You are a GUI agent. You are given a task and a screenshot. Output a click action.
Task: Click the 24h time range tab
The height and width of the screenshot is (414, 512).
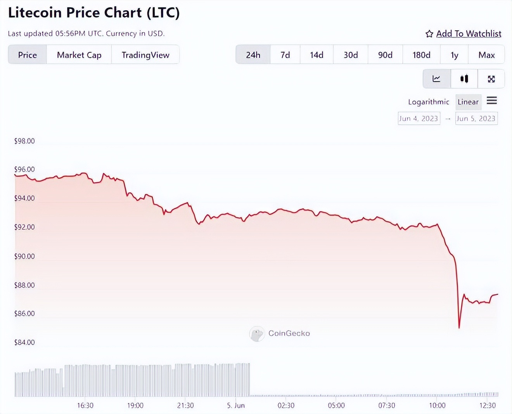point(253,55)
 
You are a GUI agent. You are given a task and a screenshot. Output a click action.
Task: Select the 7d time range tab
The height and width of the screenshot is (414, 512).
point(285,55)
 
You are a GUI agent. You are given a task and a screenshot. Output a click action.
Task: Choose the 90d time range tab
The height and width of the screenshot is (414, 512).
point(385,55)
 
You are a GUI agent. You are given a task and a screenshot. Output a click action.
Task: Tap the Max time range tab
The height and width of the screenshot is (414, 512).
point(486,55)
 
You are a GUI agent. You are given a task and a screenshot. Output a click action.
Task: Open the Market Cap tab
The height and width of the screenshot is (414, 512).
point(79,55)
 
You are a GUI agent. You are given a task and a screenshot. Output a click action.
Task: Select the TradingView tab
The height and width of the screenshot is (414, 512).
point(145,55)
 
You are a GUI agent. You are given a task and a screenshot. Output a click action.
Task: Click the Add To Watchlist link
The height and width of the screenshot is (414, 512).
point(469,34)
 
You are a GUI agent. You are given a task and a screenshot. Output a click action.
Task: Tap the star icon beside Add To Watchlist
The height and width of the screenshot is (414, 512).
point(429,34)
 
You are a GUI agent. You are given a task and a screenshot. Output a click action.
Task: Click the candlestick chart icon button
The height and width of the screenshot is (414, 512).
point(464,79)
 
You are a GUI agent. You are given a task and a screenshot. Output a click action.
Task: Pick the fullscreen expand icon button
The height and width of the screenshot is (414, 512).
point(491,79)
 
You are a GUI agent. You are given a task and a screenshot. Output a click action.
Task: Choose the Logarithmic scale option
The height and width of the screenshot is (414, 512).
point(428,102)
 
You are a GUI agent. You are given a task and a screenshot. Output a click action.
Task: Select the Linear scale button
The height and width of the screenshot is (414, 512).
point(468,102)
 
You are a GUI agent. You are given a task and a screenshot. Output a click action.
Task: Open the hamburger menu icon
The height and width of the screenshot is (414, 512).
point(492,101)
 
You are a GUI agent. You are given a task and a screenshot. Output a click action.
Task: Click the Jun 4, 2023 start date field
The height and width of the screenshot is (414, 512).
point(419,119)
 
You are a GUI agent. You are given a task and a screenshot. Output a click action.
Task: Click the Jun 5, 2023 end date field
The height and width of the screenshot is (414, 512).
point(476,119)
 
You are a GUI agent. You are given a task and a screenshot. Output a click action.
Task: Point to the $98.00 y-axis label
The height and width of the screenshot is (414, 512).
point(24,141)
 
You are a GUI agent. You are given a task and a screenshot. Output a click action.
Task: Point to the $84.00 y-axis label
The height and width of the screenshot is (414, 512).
point(24,342)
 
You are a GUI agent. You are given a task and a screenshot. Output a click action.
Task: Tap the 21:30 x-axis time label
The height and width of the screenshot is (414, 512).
point(185,405)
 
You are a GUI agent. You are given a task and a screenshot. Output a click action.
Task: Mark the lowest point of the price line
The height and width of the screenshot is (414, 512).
point(459,328)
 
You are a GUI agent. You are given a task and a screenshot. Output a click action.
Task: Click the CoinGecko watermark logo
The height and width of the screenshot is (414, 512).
point(256,333)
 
